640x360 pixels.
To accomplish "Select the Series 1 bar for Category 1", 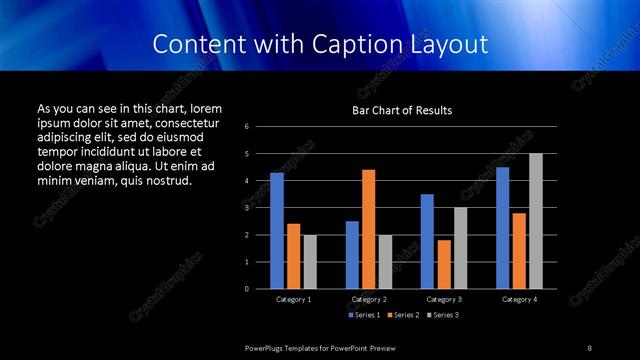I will click(277, 230).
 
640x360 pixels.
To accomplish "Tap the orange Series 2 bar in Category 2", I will click(368, 229).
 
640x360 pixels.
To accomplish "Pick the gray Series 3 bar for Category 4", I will click(535, 221).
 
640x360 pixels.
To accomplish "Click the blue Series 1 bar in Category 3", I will click(427, 241).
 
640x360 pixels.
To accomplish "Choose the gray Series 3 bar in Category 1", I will click(309, 262).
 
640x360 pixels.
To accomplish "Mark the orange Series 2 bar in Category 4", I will click(519, 250).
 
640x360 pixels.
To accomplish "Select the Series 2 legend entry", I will click(403, 315).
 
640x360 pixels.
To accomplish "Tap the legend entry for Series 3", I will click(443, 315).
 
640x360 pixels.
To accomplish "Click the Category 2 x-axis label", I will click(368, 299).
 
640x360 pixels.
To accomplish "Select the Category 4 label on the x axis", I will click(519, 299).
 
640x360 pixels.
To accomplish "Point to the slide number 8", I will click(590, 347).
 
